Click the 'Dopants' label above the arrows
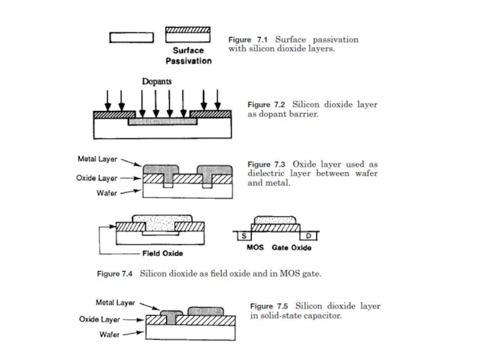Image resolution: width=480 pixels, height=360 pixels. point(157,82)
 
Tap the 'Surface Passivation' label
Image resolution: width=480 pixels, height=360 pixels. point(188,56)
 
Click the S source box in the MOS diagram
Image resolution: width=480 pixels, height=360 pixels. point(244,236)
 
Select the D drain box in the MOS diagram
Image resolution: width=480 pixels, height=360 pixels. point(308,236)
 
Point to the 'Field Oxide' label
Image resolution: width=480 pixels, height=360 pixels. point(163,253)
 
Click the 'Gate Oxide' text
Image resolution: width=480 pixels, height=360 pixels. point(292,248)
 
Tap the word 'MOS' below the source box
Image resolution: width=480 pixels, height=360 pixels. point(256,247)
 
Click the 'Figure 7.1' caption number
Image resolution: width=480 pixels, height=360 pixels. point(248,40)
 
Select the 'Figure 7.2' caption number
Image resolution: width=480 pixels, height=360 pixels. point(266,104)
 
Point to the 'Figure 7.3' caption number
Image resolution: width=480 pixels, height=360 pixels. point(266,164)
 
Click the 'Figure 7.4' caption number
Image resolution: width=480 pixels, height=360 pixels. point(115,274)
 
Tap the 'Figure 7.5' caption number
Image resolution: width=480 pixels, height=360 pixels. point(269,307)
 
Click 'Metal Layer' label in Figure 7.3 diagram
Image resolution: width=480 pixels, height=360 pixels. point(97,159)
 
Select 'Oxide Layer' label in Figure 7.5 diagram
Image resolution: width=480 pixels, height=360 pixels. point(100,319)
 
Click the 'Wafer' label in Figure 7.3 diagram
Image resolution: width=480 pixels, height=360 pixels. point(107,193)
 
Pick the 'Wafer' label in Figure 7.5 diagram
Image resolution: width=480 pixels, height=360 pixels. point(110,334)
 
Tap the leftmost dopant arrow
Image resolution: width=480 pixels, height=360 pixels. point(107,100)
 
